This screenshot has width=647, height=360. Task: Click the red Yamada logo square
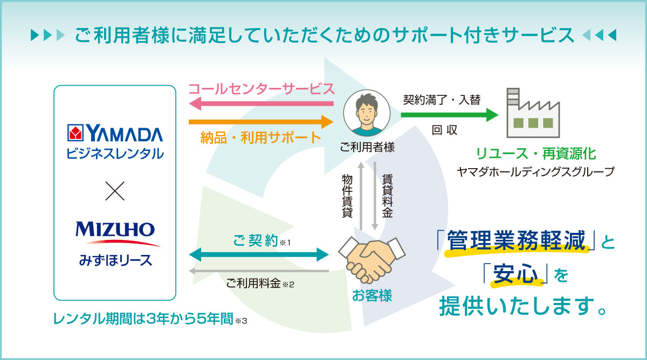click(x=75, y=133)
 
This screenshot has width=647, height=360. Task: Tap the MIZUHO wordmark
click(x=115, y=230)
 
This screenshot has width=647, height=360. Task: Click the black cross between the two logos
click(x=115, y=191)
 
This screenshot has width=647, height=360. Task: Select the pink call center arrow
click(x=261, y=103)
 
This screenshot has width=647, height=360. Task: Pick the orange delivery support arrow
click(x=261, y=122)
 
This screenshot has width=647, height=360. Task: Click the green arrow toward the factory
click(x=450, y=115)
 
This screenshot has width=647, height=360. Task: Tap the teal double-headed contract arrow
click(x=259, y=254)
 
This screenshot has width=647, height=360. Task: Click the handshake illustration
click(x=372, y=260)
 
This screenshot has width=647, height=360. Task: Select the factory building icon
click(x=533, y=113)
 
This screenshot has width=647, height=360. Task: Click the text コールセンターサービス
click(x=261, y=89)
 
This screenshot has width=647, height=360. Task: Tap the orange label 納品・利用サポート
click(x=260, y=138)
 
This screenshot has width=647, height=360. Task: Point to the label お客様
click(x=372, y=296)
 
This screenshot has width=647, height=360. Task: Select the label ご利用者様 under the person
click(x=367, y=147)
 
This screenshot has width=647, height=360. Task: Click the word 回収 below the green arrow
click(x=444, y=130)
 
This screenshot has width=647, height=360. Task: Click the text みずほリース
click(x=115, y=260)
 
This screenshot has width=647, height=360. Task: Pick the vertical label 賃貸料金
click(x=387, y=196)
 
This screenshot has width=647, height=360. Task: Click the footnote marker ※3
click(x=241, y=321)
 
